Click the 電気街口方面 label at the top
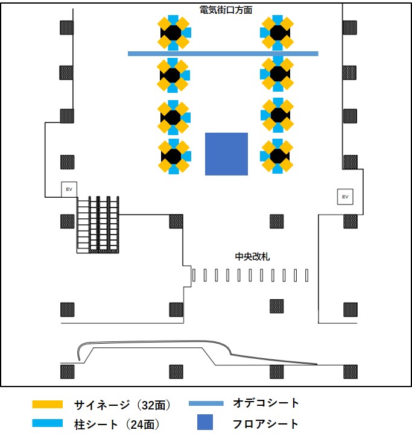click(226, 10)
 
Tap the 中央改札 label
click(252, 256)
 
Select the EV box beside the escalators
click(68, 189)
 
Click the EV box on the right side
click(345, 197)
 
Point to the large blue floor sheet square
click(226, 154)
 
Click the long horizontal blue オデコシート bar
click(223, 54)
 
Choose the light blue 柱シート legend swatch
click(48, 424)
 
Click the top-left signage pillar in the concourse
click(174, 32)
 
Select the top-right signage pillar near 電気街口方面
click(277, 32)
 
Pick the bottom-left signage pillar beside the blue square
click(174, 156)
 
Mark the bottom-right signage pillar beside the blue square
click(277, 156)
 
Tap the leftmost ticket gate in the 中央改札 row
click(194, 275)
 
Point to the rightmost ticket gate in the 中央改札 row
click(308, 275)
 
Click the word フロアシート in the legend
click(265, 423)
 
